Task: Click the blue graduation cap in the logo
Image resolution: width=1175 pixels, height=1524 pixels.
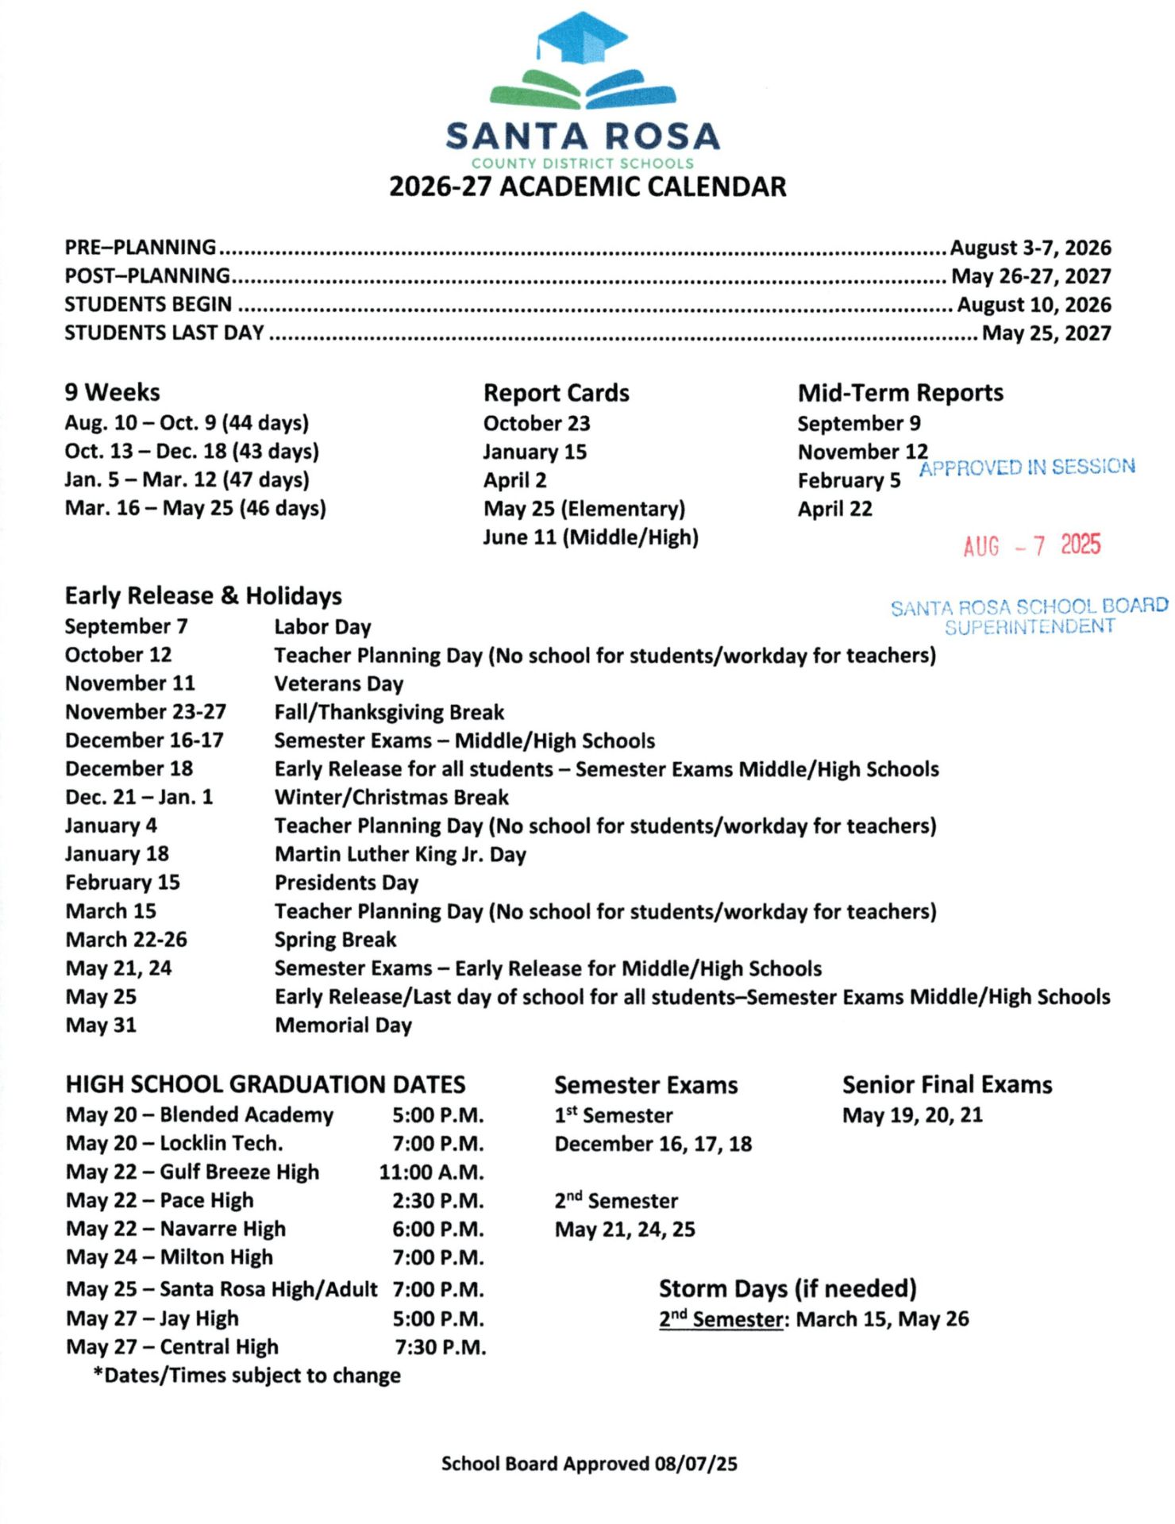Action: [x=582, y=37]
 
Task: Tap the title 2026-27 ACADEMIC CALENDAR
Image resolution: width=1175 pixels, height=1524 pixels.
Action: [x=587, y=187]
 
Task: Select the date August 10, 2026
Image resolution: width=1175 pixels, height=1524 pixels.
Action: [x=1033, y=305]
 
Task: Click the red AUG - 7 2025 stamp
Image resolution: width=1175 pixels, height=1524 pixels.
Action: [x=1031, y=546]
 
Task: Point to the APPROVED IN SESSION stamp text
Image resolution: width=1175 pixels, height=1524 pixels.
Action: [x=1027, y=467]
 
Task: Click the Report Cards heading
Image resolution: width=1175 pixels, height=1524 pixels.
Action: [x=556, y=393]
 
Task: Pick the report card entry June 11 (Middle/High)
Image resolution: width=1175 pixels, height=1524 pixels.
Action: [x=591, y=537]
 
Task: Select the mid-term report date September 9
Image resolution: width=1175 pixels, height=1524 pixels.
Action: [x=858, y=423]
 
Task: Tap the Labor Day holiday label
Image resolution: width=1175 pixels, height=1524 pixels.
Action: [x=322, y=627]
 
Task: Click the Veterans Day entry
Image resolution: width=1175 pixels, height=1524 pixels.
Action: [x=338, y=683]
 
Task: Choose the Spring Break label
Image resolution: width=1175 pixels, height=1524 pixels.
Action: [x=335, y=940]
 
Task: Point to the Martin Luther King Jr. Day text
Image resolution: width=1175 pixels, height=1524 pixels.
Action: [x=400, y=854]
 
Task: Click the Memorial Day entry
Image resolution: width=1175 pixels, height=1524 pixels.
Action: [x=343, y=1026]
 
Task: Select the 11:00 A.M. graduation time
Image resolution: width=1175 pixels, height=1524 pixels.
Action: [x=431, y=1172]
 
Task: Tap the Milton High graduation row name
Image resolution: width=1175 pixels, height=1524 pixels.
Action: [x=216, y=1257]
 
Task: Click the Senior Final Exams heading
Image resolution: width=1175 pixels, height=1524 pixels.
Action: [x=946, y=1084]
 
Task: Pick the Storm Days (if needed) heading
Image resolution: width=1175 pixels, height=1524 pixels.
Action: [x=788, y=1288]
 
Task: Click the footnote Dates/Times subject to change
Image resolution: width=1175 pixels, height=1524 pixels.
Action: [x=247, y=1376]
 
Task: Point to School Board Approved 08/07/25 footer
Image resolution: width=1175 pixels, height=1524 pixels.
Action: [x=588, y=1464]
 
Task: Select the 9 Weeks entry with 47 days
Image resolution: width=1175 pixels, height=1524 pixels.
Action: [x=187, y=479]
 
